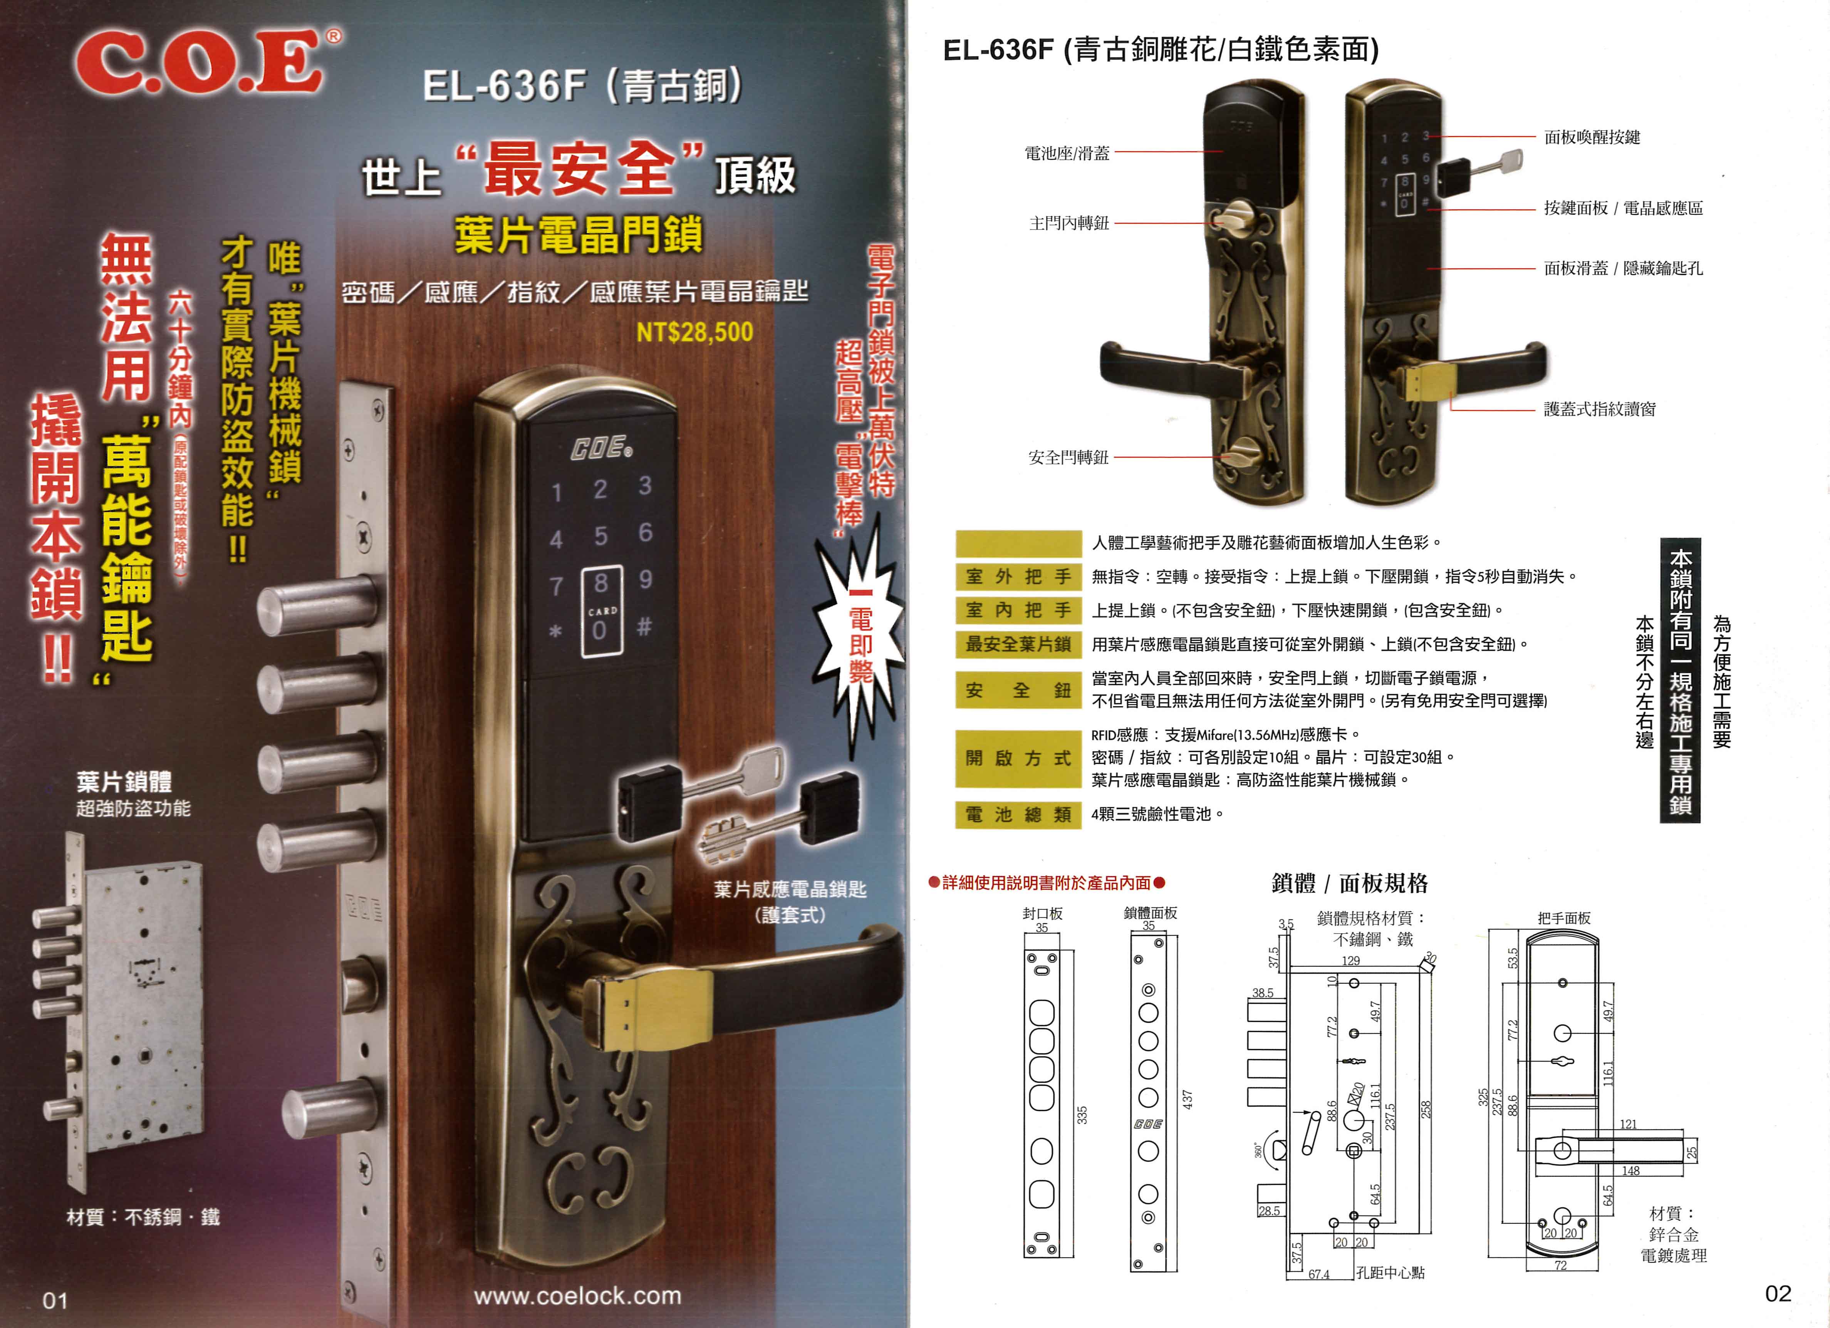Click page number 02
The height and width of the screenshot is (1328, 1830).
[x=1778, y=1293]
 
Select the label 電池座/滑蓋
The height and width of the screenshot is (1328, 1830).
[x=1067, y=153]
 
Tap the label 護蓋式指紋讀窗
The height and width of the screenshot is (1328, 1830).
[x=1599, y=409]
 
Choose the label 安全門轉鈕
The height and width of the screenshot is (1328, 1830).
[x=1068, y=458]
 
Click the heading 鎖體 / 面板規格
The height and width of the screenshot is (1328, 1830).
[x=1349, y=884]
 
